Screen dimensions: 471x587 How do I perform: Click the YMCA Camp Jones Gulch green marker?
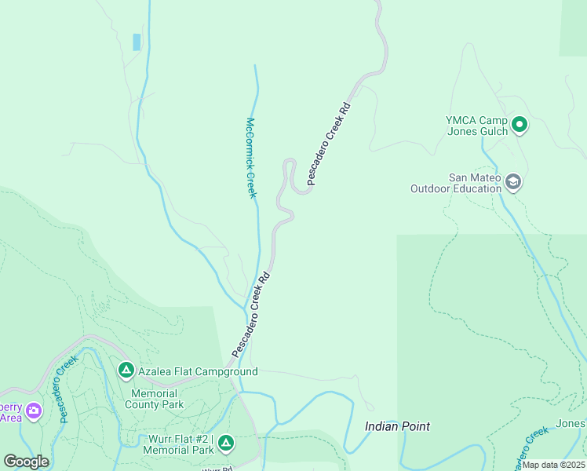[519, 125]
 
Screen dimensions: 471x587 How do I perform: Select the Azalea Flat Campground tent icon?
[126, 370]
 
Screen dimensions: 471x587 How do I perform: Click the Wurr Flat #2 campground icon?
[226, 444]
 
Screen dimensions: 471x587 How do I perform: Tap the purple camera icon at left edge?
[33, 411]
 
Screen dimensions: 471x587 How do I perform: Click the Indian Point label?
[398, 426]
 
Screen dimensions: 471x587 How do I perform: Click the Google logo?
[26, 462]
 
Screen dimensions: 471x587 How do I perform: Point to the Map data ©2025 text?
[552, 465]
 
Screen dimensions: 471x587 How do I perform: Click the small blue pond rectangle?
[137, 42]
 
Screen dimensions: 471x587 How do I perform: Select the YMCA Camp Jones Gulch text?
[477, 126]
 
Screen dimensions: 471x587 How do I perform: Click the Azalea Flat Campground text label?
[198, 371]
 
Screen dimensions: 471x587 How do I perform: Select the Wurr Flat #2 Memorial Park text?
[178, 444]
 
